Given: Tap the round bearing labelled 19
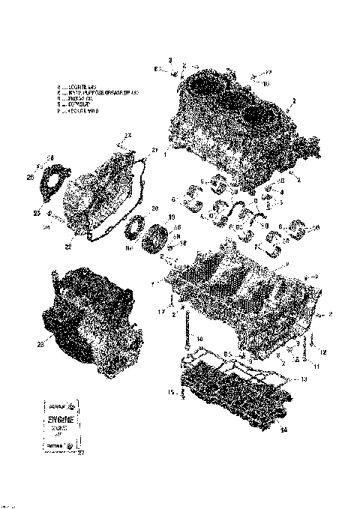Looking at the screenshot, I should [x=160, y=242].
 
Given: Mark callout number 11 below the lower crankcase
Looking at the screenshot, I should [x=316, y=367].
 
